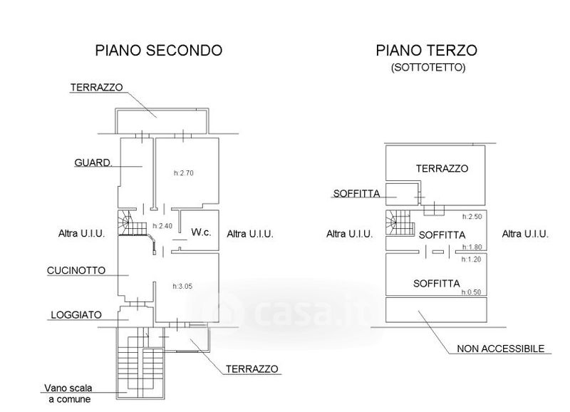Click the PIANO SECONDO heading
coord(159,51)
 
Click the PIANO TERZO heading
coord(426,51)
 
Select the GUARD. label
coord(93,163)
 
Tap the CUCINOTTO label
coord(76,271)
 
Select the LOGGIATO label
coord(75,314)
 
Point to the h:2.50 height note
coord(472,217)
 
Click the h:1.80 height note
coord(472,247)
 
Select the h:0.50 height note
coord(472,292)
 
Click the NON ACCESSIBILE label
coord(500,349)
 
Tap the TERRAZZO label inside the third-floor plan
coord(442,169)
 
